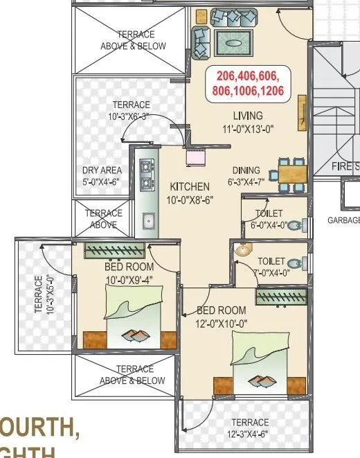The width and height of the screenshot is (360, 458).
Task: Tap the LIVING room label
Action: click(248, 116)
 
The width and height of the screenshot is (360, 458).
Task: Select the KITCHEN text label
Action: click(189, 186)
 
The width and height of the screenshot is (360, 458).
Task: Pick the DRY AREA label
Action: click(101, 170)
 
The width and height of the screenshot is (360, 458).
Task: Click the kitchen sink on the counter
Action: click(148, 220)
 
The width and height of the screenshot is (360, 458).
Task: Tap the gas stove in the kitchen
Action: click(146, 176)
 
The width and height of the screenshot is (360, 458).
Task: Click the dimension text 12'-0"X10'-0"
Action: click(222, 322)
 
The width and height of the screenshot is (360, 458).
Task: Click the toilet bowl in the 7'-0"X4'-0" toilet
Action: click(296, 263)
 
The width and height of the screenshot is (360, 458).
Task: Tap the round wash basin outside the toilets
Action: click(242, 250)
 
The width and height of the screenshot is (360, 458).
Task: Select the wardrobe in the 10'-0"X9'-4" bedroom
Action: click(114, 251)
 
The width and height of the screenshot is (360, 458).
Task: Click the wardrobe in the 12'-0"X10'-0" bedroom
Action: click(280, 297)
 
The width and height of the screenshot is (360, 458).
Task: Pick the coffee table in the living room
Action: click(232, 41)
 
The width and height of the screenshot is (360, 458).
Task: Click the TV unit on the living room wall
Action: click(303, 112)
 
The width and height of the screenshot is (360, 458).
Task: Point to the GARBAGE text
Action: click(343, 220)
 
